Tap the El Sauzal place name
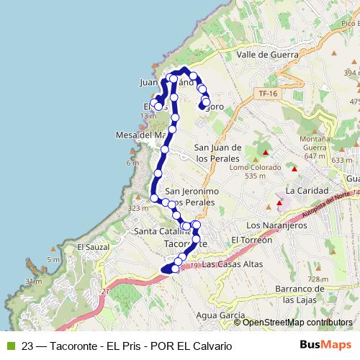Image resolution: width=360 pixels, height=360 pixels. (x=91, y=247)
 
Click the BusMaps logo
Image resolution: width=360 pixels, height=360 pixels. (x=325, y=345)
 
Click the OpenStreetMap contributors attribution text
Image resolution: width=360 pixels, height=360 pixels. (x=297, y=323)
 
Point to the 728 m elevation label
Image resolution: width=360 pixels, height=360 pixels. (x=318, y=279)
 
